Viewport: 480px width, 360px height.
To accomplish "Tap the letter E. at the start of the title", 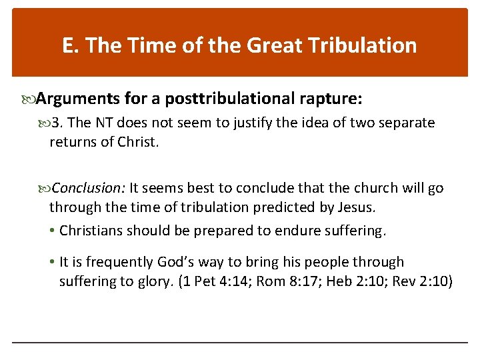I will click(70, 45).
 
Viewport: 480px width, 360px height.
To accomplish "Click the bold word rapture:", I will click(330, 99).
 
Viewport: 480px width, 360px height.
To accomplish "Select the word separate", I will click(407, 123).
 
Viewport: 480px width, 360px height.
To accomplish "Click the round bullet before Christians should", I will click(53, 231).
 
